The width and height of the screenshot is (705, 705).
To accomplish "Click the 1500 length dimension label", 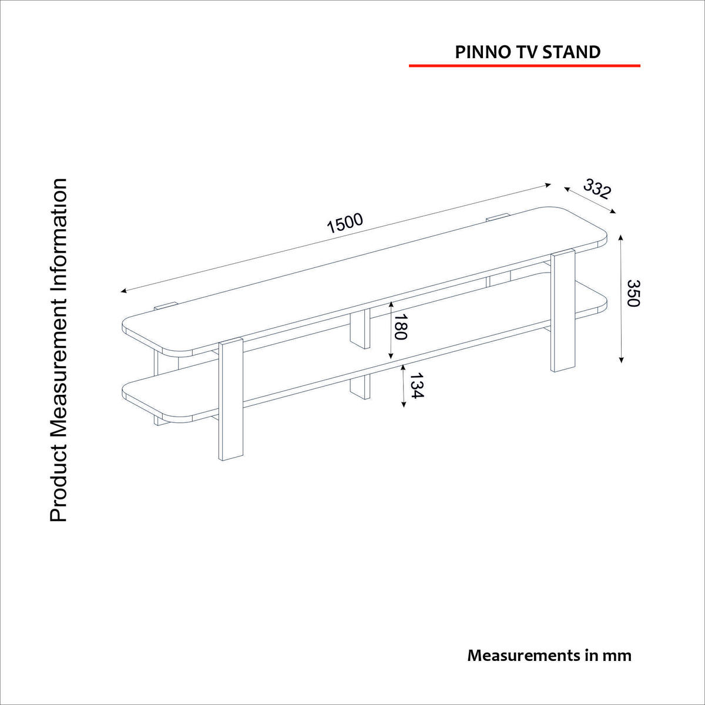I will click(x=346, y=223).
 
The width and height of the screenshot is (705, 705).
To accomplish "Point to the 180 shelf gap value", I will click(x=400, y=327).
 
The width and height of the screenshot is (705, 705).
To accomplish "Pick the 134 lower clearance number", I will click(x=415, y=386).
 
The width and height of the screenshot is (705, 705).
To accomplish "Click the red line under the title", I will click(x=524, y=66).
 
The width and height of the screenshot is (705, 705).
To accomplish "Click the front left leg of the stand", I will click(x=231, y=399).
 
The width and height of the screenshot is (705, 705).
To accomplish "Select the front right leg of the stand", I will click(x=562, y=311).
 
